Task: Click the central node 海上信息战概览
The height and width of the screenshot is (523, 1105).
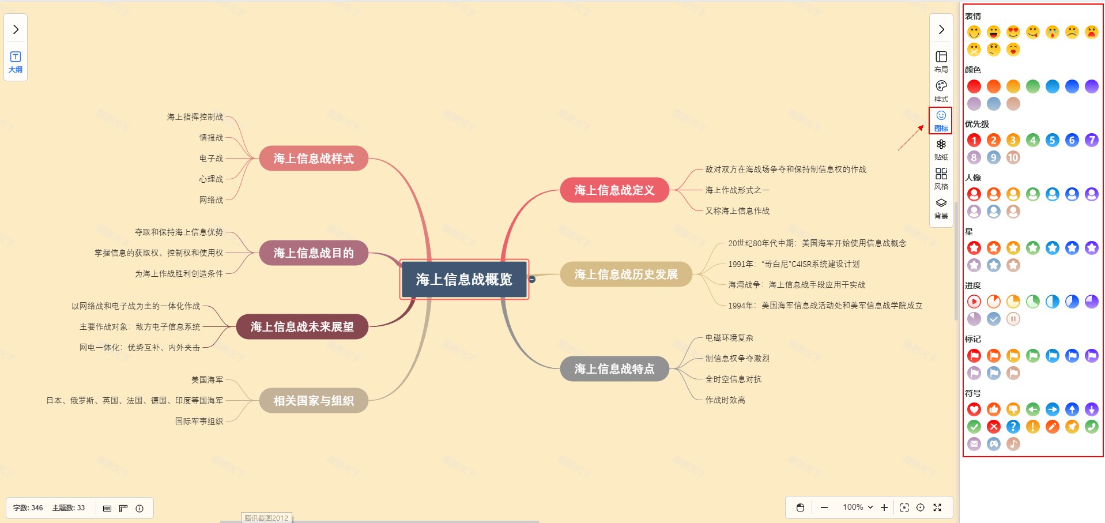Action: pos(464,280)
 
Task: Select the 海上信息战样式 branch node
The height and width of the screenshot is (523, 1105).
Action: pos(313,159)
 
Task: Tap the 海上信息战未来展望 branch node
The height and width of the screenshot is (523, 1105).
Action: pos(302,327)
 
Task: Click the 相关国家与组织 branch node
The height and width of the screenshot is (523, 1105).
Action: pos(313,401)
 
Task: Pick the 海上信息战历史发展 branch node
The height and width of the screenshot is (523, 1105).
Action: pos(625,274)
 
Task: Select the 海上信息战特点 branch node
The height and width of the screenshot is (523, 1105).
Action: pos(614,369)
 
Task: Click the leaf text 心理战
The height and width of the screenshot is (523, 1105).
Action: pos(211,179)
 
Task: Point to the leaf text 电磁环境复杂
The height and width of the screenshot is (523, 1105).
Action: pos(729,338)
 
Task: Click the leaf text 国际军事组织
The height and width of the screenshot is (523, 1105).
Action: pos(199,422)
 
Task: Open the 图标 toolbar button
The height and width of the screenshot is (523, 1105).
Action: pos(941,120)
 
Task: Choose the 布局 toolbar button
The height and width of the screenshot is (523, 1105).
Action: pos(941,61)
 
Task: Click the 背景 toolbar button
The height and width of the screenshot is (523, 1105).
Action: pos(941,208)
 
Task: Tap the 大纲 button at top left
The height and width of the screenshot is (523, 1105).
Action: pos(16,61)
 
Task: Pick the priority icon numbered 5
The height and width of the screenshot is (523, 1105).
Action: pos(1052,140)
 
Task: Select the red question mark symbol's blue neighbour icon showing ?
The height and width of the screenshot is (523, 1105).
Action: pos(1013,427)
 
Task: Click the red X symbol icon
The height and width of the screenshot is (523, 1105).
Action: pos(993,427)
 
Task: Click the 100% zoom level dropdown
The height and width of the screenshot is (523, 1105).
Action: pos(857,507)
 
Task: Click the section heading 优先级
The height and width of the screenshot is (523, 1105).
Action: pos(976,124)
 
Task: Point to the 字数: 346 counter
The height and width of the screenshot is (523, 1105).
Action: pos(28,508)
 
